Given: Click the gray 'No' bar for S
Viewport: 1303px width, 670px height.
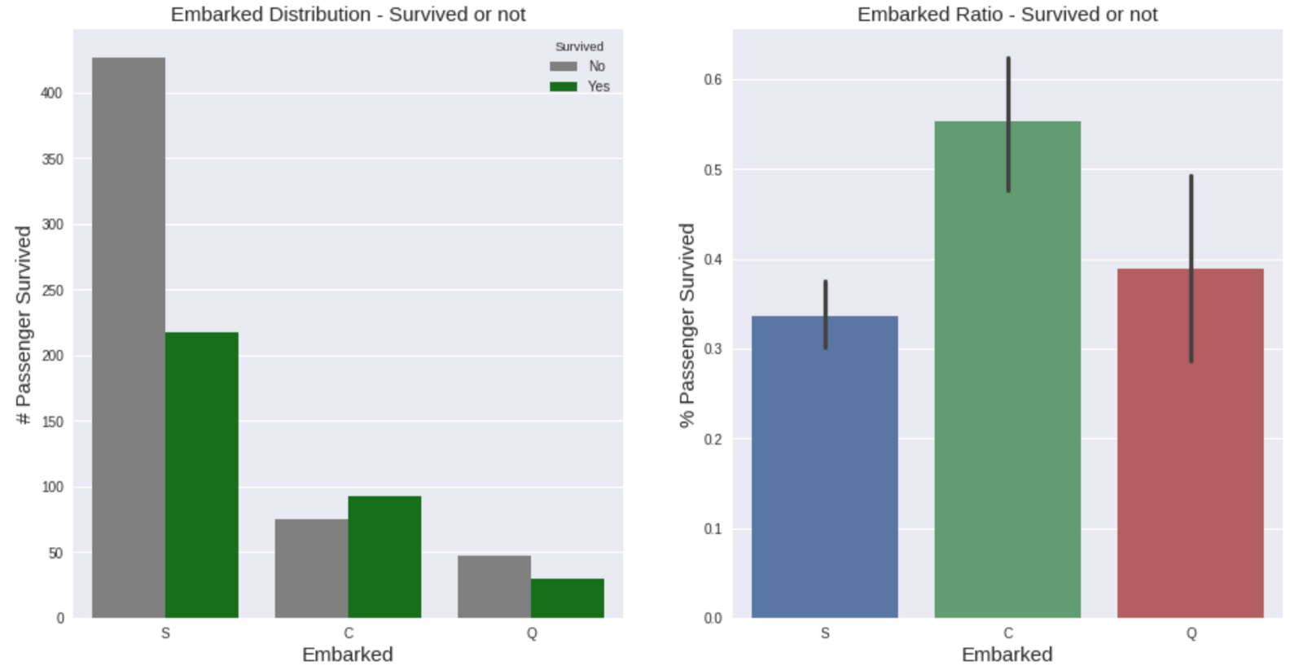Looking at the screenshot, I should point(129,337).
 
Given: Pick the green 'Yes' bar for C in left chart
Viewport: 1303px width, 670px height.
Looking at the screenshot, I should point(384,557).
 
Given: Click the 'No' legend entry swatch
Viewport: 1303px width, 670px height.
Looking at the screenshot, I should point(564,67).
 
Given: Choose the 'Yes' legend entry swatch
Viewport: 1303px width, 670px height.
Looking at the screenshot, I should point(564,86).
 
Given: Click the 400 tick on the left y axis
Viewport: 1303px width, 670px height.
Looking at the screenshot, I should point(51,94).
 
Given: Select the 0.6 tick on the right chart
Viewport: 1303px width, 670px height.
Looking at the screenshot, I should point(713,80).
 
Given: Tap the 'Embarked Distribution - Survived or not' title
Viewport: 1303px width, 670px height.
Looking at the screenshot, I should point(348,15).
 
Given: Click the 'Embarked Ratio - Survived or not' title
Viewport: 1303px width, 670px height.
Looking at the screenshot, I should point(1007,15).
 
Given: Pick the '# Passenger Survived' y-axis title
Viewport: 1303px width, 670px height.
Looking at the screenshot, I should point(24,325).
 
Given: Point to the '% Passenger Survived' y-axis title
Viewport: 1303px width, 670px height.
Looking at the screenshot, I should point(687,325).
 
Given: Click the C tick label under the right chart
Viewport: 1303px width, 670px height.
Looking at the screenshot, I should point(1008,633).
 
